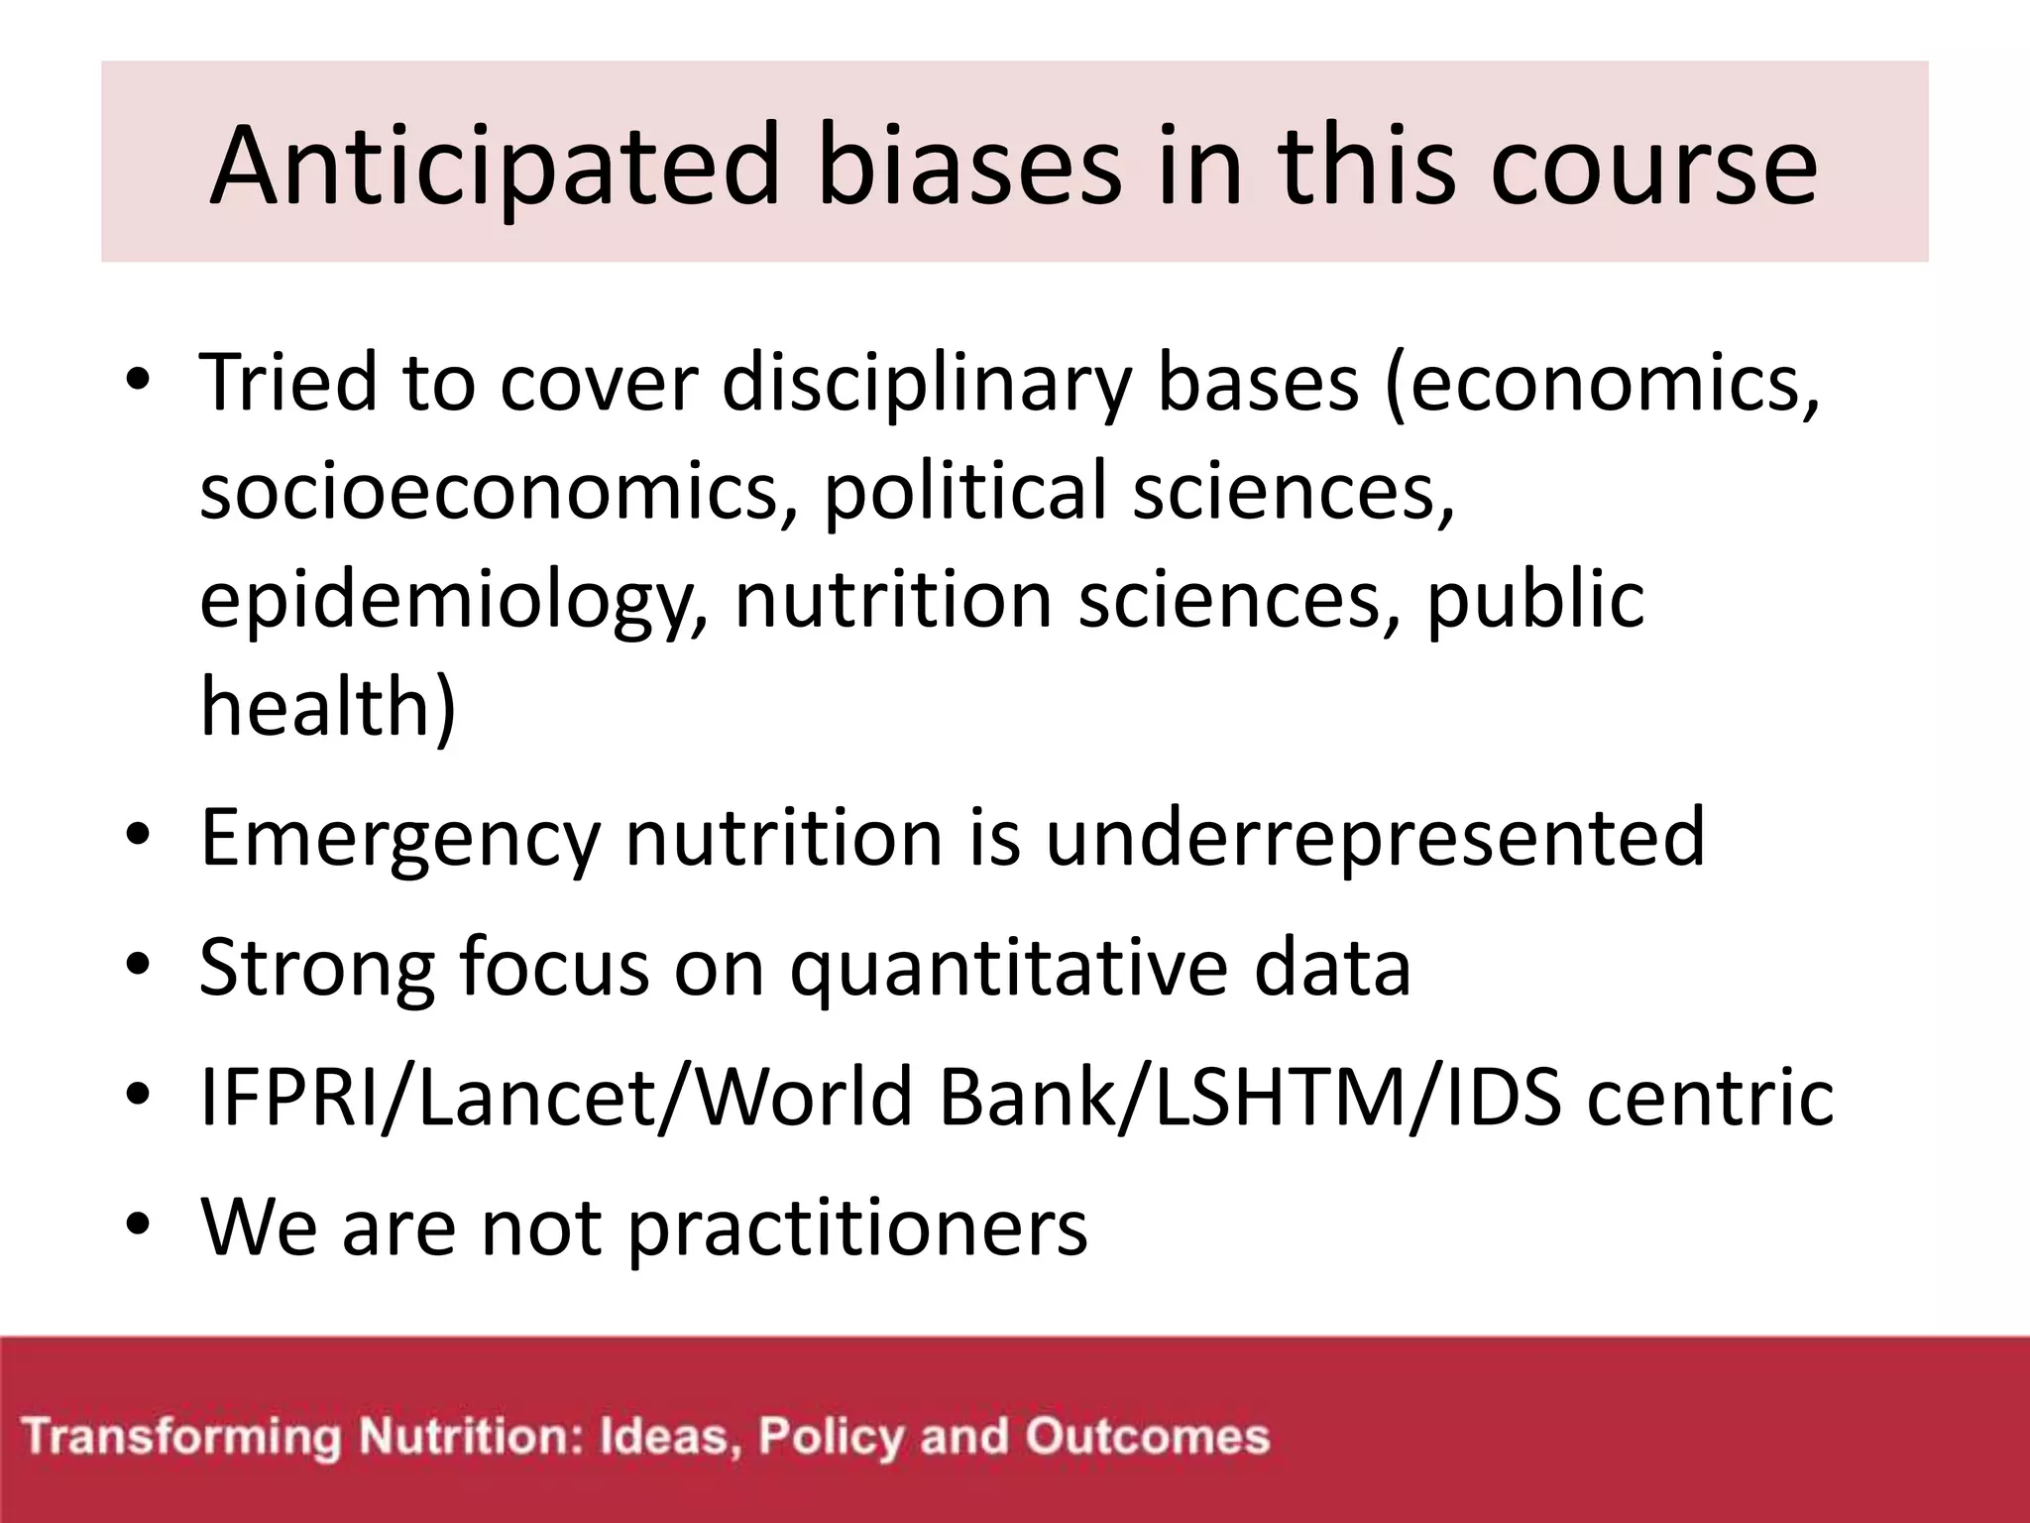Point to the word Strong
[x=316, y=968]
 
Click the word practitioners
[x=857, y=1228]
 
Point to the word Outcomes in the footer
[x=1147, y=1437]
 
